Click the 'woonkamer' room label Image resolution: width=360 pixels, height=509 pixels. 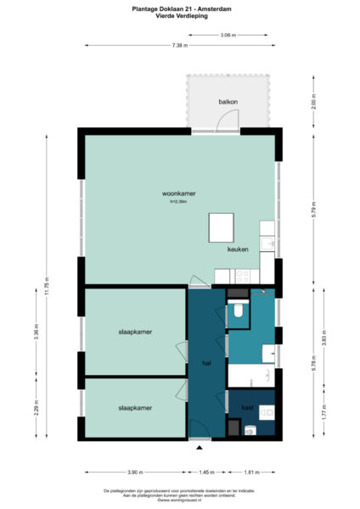pos(179,193)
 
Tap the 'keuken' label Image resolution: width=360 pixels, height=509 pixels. pos(237,251)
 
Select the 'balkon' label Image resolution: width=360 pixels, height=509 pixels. pos(228,102)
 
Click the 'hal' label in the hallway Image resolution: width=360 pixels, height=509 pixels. pos(205,363)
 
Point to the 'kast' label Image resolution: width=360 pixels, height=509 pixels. pos(247,408)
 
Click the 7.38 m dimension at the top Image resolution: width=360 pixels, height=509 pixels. pos(179,44)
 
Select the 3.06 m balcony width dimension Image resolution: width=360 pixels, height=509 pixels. pos(228,36)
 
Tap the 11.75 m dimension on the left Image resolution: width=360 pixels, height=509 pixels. pos(48,283)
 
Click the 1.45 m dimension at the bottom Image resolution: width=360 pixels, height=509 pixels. pos(206,472)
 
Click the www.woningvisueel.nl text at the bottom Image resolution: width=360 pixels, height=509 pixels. pos(179,501)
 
